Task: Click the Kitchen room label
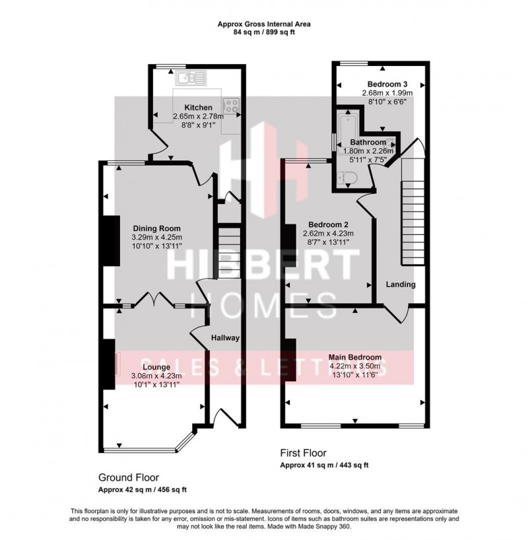coord(198,108)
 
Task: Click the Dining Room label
coord(156,228)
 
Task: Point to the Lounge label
coord(156,366)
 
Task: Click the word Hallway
coord(225,338)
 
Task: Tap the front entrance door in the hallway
coord(222,417)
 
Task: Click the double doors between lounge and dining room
coord(156,301)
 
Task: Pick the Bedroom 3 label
coord(387,84)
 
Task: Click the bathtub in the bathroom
coord(343,129)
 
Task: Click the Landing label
coord(401,285)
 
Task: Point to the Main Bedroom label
coord(354,357)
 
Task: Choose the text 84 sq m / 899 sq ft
coord(264,32)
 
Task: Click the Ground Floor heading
coord(128,477)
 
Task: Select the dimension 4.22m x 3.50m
coord(354,366)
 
